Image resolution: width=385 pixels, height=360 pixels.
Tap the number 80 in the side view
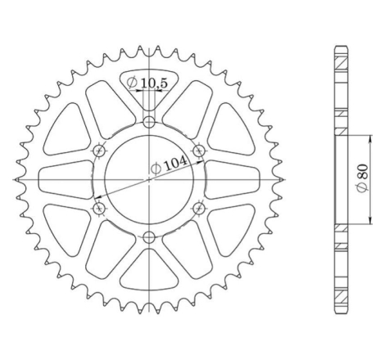click(x=361, y=174)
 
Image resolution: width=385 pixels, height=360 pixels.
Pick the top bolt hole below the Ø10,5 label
click(x=148, y=123)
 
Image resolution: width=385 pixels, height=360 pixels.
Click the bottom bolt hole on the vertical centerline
click(x=148, y=237)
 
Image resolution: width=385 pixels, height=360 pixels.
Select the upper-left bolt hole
click(x=99, y=151)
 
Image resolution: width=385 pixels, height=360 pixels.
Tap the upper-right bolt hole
click(x=197, y=151)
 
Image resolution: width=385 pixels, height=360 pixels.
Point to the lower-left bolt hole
click(x=99, y=209)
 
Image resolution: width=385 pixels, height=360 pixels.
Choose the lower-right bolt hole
click(x=197, y=209)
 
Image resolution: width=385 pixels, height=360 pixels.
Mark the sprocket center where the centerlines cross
click(x=148, y=180)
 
